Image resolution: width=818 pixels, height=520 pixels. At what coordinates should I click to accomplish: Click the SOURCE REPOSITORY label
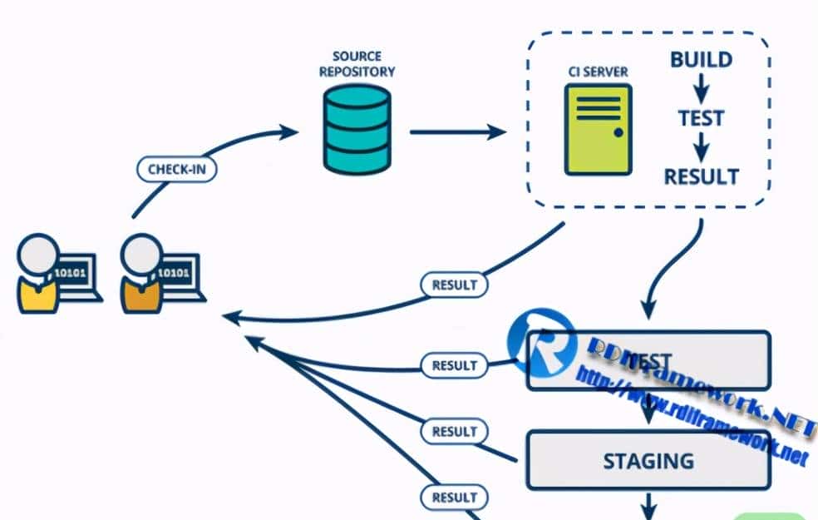click(357, 64)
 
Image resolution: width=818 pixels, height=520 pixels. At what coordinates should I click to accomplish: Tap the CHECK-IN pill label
click(177, 169)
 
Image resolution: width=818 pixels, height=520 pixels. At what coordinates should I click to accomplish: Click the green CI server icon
click(597, 130)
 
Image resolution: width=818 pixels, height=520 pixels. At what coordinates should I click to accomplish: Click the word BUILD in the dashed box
click(701, 60)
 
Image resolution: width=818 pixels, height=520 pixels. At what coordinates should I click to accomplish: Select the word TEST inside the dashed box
click(701, 118)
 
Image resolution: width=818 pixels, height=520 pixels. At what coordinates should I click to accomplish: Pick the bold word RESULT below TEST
click(701, 176)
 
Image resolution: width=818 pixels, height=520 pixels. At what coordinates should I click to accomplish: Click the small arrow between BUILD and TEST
click(701, 88)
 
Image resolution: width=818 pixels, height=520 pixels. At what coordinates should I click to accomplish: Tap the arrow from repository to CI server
click(458, 131)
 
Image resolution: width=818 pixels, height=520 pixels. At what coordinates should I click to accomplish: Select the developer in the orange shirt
click(141, 274)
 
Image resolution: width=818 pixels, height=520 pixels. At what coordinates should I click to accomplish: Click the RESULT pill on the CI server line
click(455, 285)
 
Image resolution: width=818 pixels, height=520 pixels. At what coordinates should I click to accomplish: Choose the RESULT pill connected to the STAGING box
click(455, 432)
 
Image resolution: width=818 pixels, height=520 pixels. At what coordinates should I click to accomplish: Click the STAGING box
click(648, 460)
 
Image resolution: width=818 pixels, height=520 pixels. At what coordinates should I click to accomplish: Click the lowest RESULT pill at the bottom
click(455, 498)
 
